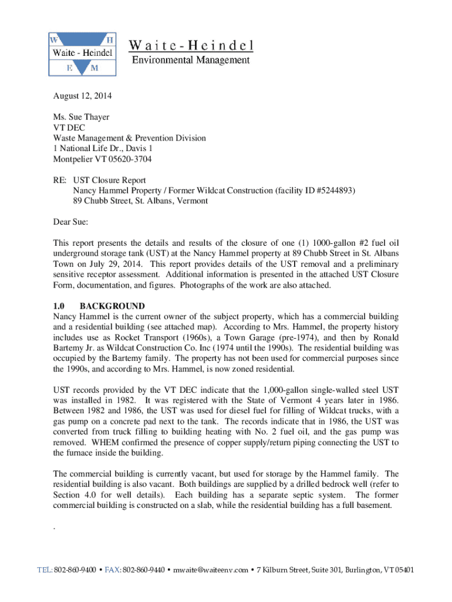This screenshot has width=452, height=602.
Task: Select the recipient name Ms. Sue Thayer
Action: click(81, 117)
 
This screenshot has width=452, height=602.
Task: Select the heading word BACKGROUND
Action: click(112, 306)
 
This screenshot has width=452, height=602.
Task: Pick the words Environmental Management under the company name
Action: click(191, 60)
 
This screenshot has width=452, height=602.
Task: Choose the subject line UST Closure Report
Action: click(109, 180)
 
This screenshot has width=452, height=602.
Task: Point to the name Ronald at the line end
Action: click(385, 337)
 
